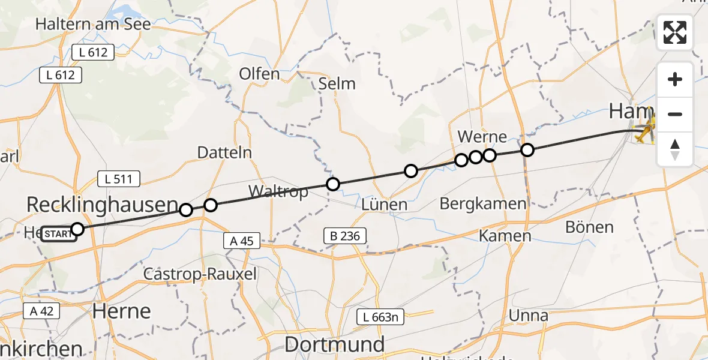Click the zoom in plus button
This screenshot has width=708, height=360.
pyautogui.click(x=675, y=79)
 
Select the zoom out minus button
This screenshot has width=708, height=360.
pyautogui.click(x=675, y=114)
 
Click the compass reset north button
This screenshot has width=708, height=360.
pyautogui.click(x=675, y=149)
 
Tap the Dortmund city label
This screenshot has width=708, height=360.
pyautogui.click(x=335, y=344)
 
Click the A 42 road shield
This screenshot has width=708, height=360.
pyautogui.click(x=40, y=311)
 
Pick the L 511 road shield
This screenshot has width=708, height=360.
pyautogui.click(x=119, y=178)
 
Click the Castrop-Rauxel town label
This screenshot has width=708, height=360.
pyautogui.click(x=200, y=275)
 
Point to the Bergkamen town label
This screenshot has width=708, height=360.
pyautogui.click(x=483, y=203)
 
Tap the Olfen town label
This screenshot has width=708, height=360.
pyautogui.click(x=259, y=74)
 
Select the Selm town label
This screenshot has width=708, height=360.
pyautogui.click(x=337, y=83)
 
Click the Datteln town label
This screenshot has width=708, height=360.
pyautogui.click(x=224, y=153)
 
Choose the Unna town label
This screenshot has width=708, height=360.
pyautogui.click(x=528, y=315)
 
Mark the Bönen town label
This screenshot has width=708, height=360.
pyautogui.click(x=590, y=227)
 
